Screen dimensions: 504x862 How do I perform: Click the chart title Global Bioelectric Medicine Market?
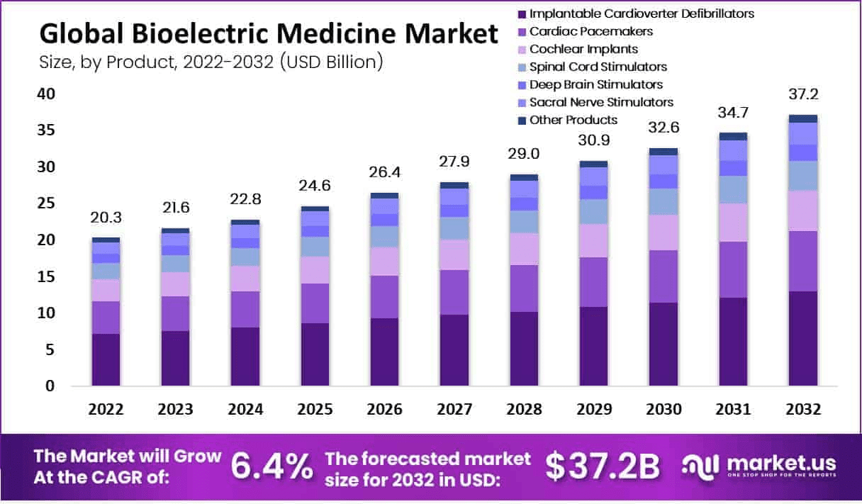269,34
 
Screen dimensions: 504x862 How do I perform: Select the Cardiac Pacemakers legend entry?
591,31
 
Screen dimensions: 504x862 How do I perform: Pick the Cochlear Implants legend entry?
583,49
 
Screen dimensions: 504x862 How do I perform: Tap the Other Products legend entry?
573,120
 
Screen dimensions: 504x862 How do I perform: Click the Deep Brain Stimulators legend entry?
596,84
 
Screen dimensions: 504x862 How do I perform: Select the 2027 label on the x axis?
454,410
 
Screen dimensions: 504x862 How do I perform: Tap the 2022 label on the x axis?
106,410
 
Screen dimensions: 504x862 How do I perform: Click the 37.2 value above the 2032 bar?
803,94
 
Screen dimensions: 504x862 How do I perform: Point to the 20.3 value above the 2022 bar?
106,218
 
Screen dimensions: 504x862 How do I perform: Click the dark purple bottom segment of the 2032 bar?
803,339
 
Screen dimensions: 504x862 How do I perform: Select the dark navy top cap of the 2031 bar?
733,136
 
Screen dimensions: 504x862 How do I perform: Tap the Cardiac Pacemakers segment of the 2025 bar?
314,303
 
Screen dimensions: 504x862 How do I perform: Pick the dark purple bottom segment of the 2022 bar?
106,359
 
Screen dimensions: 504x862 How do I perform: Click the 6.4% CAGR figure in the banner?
272,466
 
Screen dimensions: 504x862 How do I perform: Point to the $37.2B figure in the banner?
602,466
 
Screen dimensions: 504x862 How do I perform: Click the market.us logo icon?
699,466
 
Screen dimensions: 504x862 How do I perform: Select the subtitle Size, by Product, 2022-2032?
211,62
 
